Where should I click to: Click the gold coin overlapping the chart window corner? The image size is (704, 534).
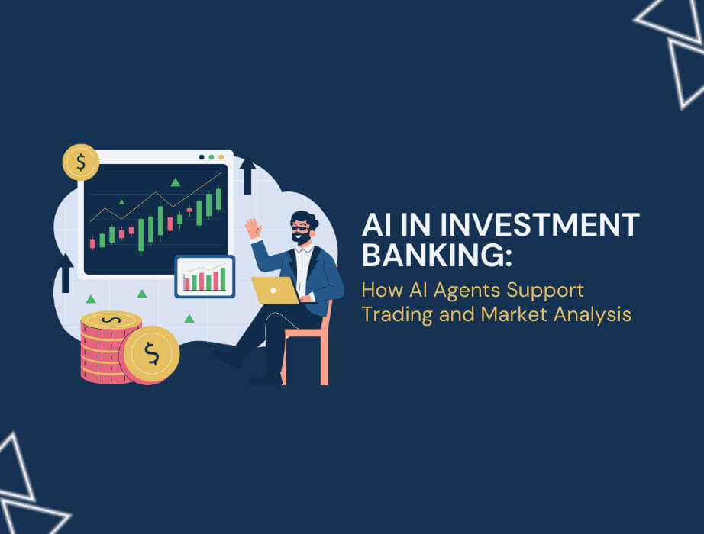[x=81, y=162]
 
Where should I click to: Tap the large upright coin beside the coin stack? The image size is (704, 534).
[x=150, y=353]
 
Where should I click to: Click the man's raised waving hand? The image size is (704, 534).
[x=252, y=228]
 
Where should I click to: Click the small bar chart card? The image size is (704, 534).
[x=205, y=276]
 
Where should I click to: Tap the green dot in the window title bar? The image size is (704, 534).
[x=211, y=157]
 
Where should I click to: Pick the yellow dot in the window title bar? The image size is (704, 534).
[x=221, y=157]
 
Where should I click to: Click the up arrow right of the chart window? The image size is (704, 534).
[x=247, y=175]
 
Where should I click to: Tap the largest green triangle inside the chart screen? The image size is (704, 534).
[x=176, y=182]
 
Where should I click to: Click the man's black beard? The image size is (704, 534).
[x=302, y=239]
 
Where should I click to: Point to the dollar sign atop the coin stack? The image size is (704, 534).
[x=111, y=320]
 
